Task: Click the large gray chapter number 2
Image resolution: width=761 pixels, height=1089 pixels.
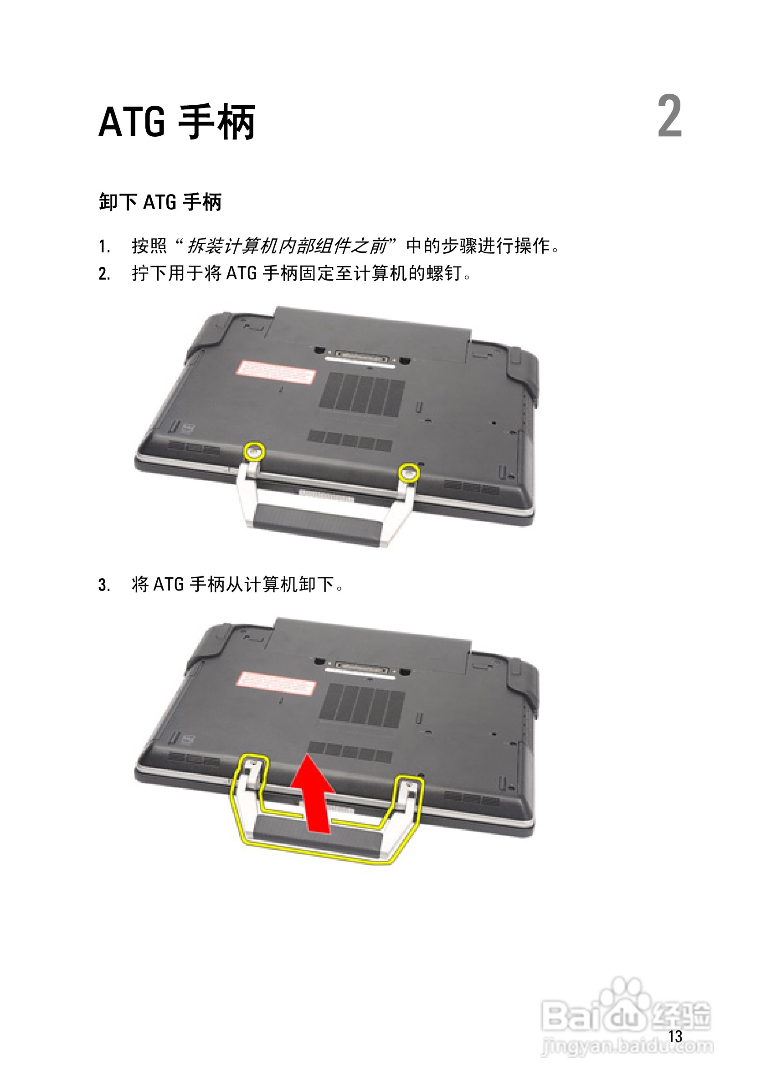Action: pos(669,116)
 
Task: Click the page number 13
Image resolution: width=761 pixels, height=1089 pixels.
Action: pos(675,1036)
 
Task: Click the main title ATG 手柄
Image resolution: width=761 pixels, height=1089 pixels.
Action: pos(176,122)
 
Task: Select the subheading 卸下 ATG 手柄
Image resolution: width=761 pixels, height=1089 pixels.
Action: pos(160,202)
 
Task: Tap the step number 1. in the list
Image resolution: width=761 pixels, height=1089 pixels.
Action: pos(104,247)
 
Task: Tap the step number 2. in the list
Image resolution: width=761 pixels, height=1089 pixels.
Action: pos(104,274)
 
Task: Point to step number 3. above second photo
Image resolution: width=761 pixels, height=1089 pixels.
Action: pos(104,585)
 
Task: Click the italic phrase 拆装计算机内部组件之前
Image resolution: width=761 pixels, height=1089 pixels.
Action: pos(287,246)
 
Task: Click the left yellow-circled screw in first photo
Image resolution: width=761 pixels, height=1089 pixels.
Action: pos(254,451)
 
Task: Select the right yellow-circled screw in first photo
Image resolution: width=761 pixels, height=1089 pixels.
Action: pos(408,473)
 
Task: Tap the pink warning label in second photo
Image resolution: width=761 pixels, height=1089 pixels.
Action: pos(276,684)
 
